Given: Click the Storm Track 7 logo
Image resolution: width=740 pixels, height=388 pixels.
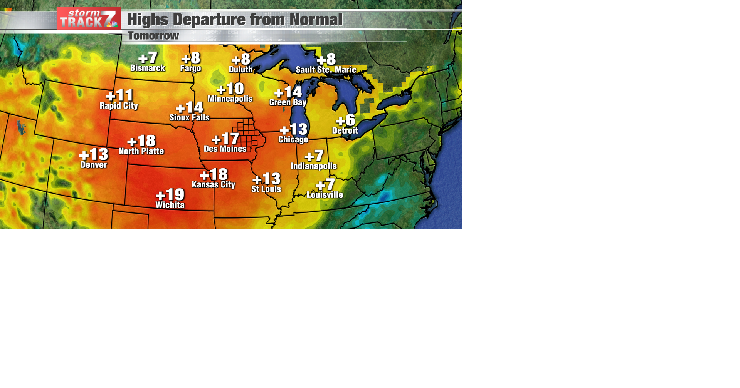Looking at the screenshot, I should pyautogui.click(x=89, y=18).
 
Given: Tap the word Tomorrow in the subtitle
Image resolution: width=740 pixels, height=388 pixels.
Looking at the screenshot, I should pyautogui.click(x=153, y=36).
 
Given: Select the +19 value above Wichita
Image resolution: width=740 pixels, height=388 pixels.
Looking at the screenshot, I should pyautogui.click(x=170, y=195).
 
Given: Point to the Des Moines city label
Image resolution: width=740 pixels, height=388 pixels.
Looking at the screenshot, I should pyautogui.click(x=225, y=149).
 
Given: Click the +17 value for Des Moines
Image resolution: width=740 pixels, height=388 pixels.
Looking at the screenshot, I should pyautogui.click(x=225, y=139).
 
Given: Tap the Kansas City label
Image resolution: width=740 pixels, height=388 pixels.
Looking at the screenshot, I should pyautogui.click(x=214, y=185).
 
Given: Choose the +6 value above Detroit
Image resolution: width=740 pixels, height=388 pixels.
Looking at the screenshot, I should pyautogui.click(x=345, y=120).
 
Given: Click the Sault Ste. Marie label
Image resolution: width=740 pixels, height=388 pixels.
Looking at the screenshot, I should pyautogui.click(x=326, y=70).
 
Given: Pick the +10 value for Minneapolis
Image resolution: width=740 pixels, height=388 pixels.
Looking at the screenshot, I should pyautogui.click(x=230, y=89).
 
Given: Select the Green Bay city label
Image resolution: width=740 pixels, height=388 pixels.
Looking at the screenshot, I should pyautogui.click(x=288, y=102).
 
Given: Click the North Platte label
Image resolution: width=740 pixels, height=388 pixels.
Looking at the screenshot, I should pyautogui.click(x=141, y=151).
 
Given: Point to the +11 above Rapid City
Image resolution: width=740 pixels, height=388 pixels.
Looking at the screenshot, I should pyautogui.click(x=119, y=95).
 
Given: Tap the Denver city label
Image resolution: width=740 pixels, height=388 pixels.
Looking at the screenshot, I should pyautogui.click(x=94, y=165).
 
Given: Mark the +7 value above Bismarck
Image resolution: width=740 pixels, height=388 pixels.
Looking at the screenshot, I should pyautogui.click(x=148, y=58).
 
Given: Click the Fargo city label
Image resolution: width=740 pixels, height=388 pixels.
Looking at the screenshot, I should pyautogui.click(x=191, y=69).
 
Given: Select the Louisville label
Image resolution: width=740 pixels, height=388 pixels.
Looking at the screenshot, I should pyautogui.click(x=325, y=195).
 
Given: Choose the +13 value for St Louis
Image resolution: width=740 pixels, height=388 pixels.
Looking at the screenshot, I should pyautogui.click(x=266, y=179).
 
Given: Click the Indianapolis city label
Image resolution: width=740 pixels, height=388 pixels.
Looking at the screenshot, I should pyautogui.click(x=314, y=166).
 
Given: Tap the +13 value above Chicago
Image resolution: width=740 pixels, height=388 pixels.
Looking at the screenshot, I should pyautogui.click(x=294, y=129).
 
